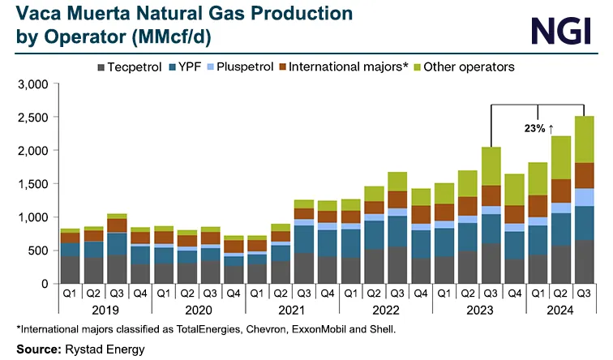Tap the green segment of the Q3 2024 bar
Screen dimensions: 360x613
coord(584,139)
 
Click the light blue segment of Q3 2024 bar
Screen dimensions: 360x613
coord(584,197)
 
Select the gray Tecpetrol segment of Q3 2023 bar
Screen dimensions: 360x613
coord(491,264)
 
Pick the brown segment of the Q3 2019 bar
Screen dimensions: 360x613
coord(117,225)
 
